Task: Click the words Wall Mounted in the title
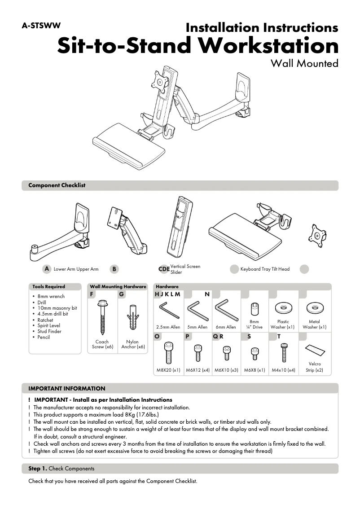[x=304, y=63]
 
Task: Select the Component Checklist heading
[x=57, y=185]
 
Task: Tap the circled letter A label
[x=46, y=269]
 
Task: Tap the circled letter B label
[x=114, y=269]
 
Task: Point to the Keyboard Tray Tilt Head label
[x=265, y=269]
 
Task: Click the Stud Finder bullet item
[x=49, y=332]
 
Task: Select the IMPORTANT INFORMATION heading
[x=66, y=389]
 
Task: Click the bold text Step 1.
[x=37, y=469]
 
